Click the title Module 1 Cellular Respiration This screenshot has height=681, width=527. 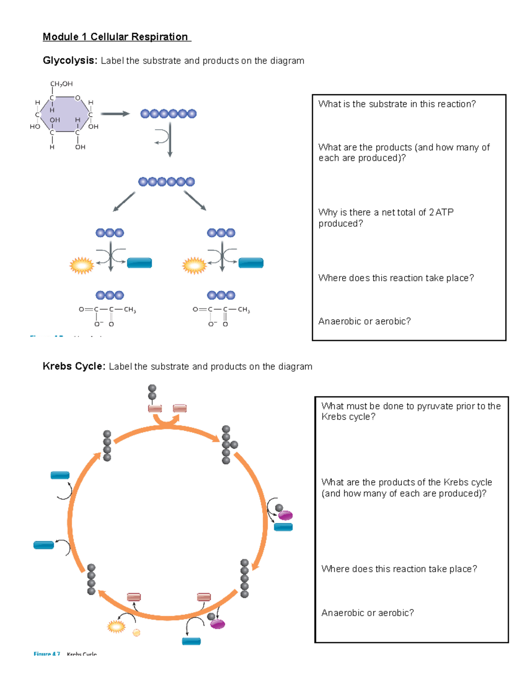pos(116,37)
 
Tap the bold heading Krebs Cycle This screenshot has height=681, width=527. pos(73,366)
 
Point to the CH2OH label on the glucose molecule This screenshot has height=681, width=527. pos(61,84)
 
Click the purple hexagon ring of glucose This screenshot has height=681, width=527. pos(65,114)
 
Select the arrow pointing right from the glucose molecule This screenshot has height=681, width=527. pos(115,114)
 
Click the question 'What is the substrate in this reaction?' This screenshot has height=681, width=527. pos(397,104)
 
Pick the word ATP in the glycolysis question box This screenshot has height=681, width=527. pos(444,212)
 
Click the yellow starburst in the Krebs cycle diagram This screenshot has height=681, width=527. pos(116,627)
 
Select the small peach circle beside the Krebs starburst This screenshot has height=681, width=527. pos(137,632)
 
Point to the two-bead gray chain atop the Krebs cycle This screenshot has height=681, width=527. pos(152,392)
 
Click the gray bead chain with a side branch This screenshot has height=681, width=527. pos(227,445)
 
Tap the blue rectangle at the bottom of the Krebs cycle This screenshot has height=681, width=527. pos(191,641)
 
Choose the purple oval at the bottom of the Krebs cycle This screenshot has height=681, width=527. pos(218,624)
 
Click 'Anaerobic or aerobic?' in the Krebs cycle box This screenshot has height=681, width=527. pos(367,613)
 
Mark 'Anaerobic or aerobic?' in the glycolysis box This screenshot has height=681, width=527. pos(364,321)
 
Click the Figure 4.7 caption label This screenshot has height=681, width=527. pos(47,654)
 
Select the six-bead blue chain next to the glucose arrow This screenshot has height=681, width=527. pos(168,114)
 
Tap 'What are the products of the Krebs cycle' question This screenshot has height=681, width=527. pos(406,482)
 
